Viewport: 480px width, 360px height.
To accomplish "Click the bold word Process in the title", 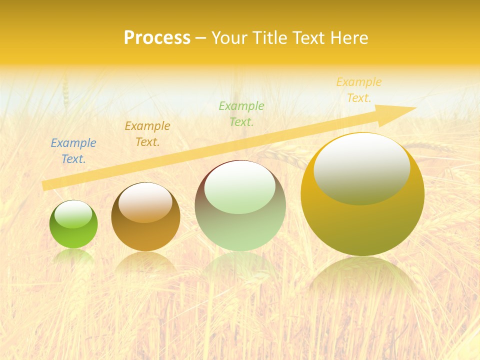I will click(157, 38).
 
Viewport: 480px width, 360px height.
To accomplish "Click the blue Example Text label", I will click(73, 151).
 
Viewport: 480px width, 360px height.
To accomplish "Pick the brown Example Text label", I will click(147, 134).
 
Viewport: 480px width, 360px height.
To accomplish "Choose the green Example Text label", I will click(241, 113).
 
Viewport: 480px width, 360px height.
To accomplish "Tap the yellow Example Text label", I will click(358, 90).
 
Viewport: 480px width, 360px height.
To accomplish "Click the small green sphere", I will click(73, 232).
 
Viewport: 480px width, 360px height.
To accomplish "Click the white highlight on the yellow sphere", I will click(361, 168).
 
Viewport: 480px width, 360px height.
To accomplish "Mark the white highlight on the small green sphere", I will click(73, 214).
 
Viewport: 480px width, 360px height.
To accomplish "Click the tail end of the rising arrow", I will click(45, 185).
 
